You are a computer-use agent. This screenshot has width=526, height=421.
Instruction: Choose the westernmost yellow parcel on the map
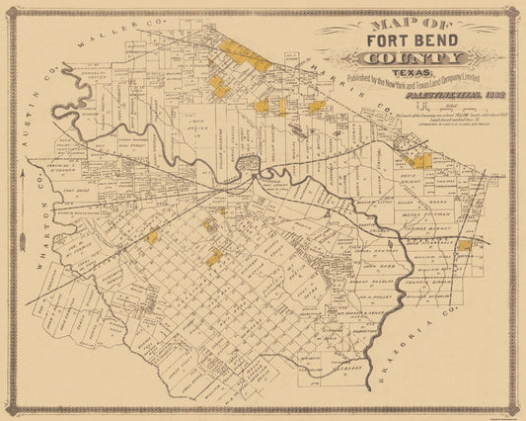(152, 236)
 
